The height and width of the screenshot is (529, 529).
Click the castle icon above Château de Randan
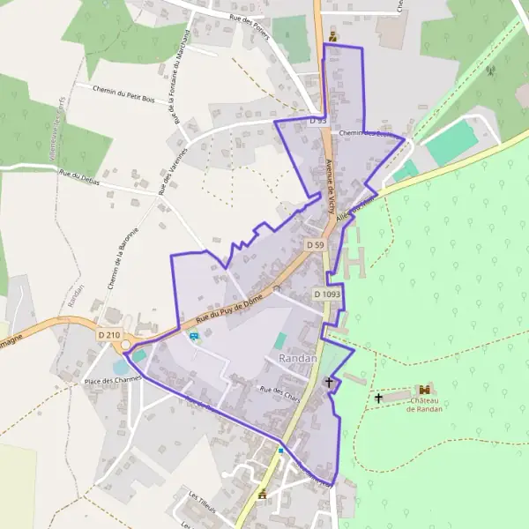coord(425,389)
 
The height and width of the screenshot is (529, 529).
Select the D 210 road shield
coord(109,335)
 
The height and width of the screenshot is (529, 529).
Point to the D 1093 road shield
coord(326,294)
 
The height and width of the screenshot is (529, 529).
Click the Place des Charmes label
coord(107,381)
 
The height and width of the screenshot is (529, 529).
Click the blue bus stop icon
coord(194,335)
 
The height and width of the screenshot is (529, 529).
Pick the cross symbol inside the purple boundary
coord(330,383)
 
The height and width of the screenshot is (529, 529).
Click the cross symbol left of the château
coord(379,399)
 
